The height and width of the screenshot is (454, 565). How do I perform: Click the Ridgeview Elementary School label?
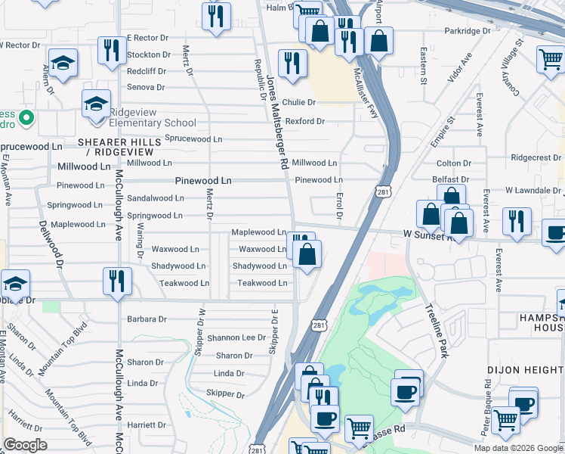153,123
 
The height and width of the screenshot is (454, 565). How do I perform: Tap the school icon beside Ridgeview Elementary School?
96,106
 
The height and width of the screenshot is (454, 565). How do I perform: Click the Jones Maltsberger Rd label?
276,121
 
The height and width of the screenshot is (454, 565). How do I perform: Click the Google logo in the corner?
25,445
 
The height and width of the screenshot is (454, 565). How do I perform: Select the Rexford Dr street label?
304,121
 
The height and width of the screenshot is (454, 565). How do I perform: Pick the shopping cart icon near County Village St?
551,60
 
